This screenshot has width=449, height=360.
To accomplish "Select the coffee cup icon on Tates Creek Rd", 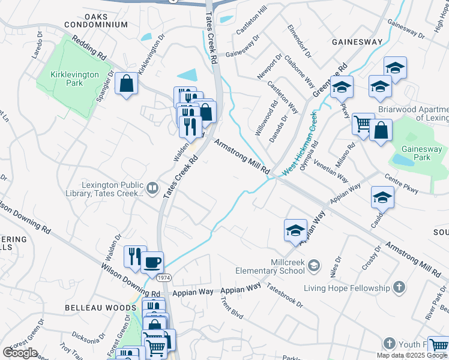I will pos(152,262).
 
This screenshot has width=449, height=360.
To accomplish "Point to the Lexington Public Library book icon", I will pos(153,190).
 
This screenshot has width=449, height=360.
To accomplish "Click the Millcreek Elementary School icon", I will pos(317,265).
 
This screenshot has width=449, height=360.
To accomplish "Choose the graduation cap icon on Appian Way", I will pos(295,230).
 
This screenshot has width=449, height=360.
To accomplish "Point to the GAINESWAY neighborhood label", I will pos(357,42).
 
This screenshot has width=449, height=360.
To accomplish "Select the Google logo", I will pos(20,353).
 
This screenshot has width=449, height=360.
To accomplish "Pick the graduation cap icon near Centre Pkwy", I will pos(383,197).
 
